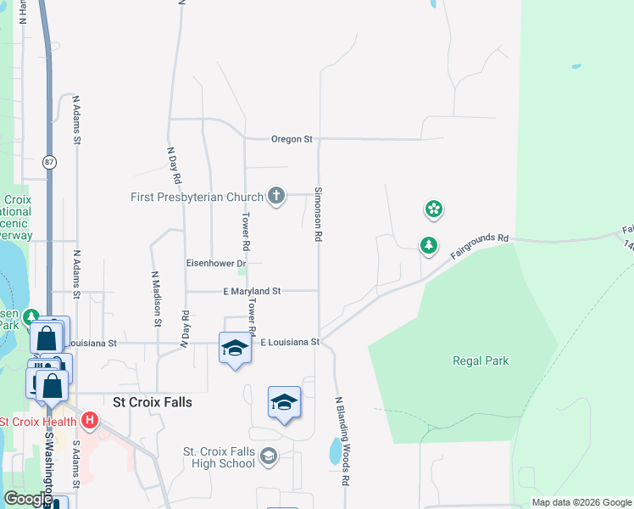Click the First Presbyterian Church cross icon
click(275, 197)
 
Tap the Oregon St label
click(292, 139)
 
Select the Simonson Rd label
click(318, 215)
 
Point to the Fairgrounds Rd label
click(479, 247)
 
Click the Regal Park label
click(481, 361)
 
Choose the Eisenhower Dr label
click(216, 264)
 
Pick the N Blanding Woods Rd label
click(342, 441)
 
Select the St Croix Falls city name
click(153, 402)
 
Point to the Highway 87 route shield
click(50, 162)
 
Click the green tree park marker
click(429, 246)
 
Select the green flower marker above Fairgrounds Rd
click(434, 209)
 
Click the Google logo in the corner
click(28, 499)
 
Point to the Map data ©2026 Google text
click(581, 502)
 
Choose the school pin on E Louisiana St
click(235, 348)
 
